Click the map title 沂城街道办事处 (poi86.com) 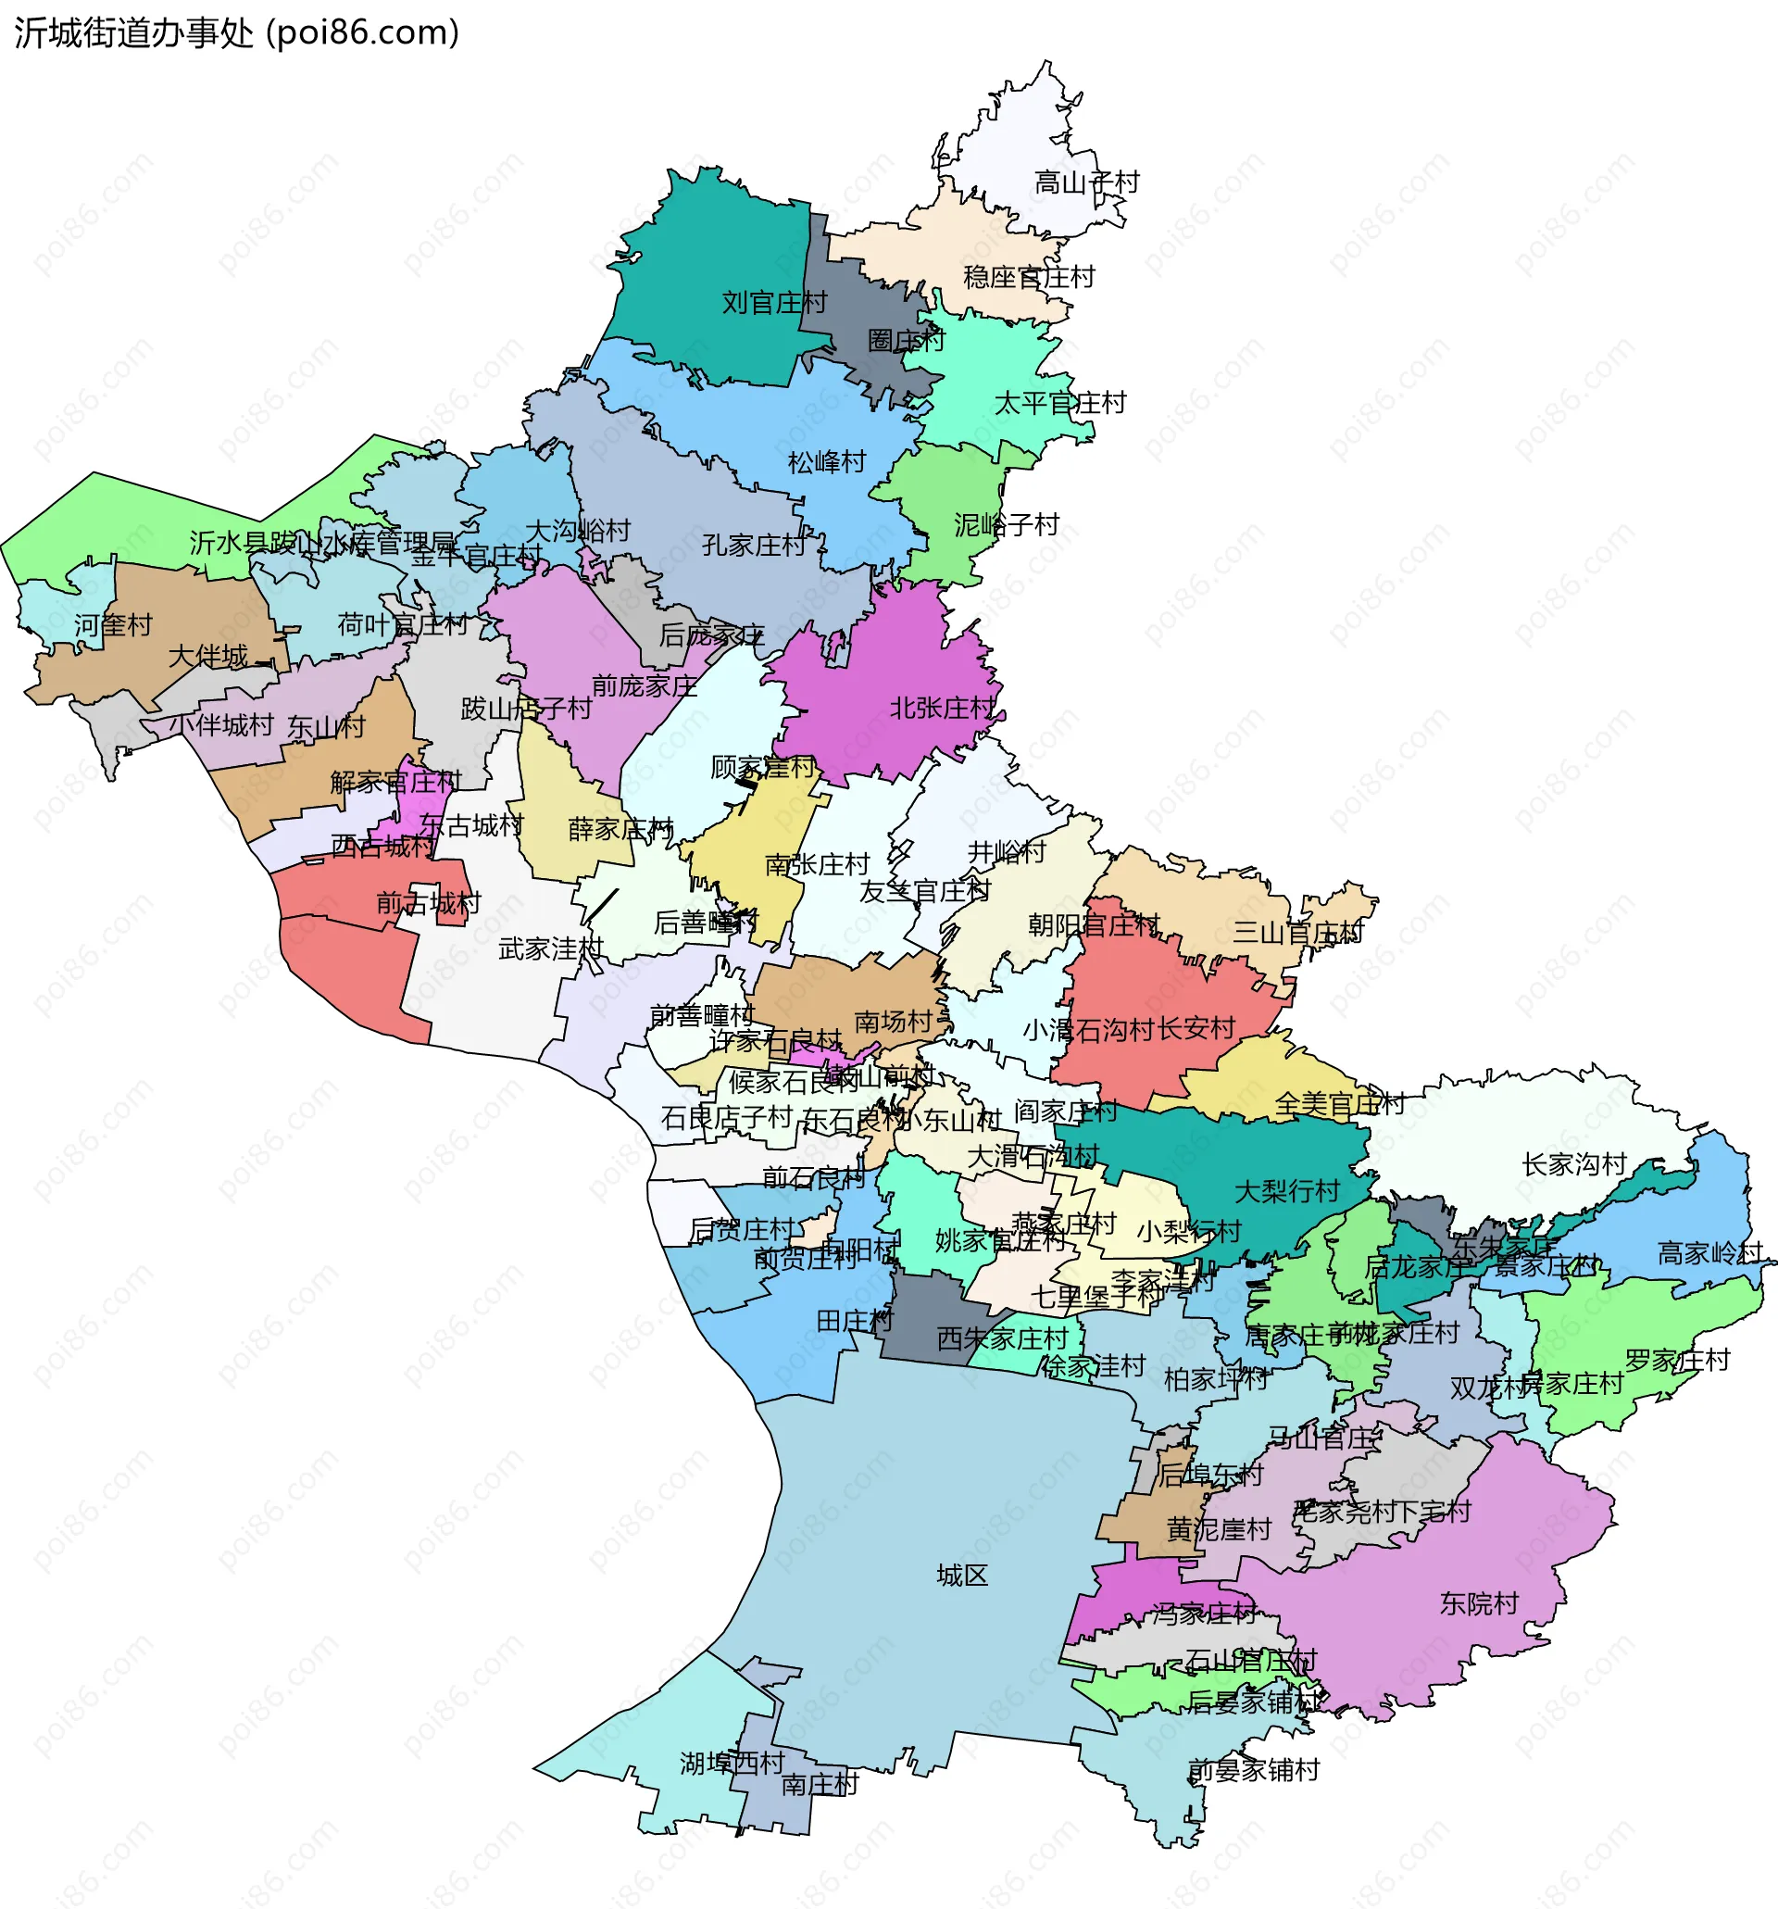pyautogui.click(x=236, y=32)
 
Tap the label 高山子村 pyautogui.click(x=1086, y=182)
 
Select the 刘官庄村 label pyautogui.click(x=774, y=304)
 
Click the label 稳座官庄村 pyautogui.click(x=1028, y=278)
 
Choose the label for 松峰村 pyautogui.click(x=827, y=463)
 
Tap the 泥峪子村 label pyautogui.click(x=1006, y=525)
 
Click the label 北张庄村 pyautogui.click(x=942, y=709)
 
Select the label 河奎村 pyautogui.click(x=113, y=626)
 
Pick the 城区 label pyautogui.click(x=962, y=1576)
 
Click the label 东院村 pyautogui.click(x=1479, y=1603)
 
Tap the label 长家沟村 pyautogui.click(x=1573, y=1165)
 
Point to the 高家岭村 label pyautogui.click(x=1709, y=1253)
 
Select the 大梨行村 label pyautogui.click(x=1286, y=1192)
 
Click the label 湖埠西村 pyautogui.click(x=732, y=1763)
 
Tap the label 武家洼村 pyautogui.click(x=551, y=949)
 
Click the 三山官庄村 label pyautogui.click(x=1297, y=933)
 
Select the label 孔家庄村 pyautogui.click(x=754, y=546)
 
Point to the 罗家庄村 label pyautogui.click(x=1676, y=1361)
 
